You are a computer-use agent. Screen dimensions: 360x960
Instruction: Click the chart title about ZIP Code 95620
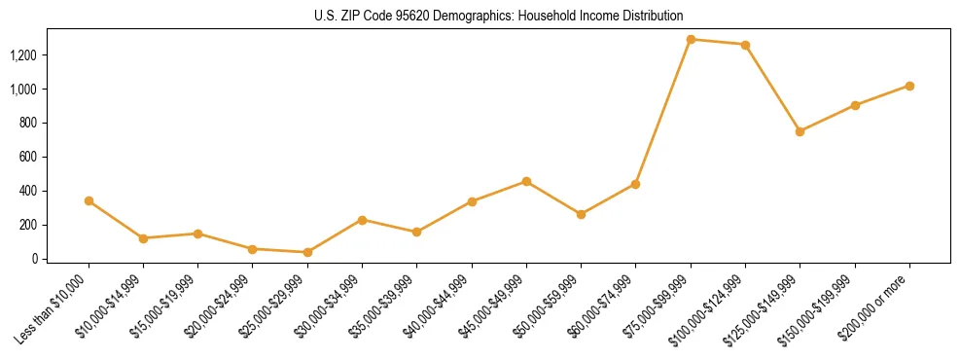click(498, 16)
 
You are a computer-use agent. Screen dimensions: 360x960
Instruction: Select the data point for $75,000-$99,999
click(691, 40)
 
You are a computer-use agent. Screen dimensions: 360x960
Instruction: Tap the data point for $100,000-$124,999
click(745, 45)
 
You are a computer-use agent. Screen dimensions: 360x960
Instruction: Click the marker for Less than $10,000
click(89, 200)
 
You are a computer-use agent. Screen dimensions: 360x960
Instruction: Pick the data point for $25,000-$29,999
click(307, 252)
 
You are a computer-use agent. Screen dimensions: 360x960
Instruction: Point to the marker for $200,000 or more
click(909, 86)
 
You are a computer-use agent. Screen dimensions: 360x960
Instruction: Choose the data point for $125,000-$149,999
click(800, 131)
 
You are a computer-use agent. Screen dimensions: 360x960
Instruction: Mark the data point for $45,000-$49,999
click(526, 181)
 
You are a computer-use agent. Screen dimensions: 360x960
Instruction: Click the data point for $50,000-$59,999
click(581, 214)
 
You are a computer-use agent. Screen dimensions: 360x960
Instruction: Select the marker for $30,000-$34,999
click(362, 220)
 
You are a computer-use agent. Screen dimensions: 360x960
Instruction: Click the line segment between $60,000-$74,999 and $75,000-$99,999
click(663, 112)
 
